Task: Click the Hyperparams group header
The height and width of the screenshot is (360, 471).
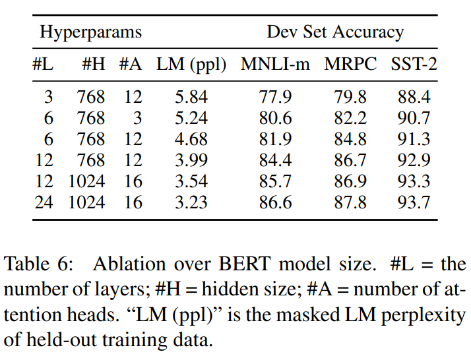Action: pos(90,32)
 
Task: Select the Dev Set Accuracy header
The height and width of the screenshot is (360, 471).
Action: pos(334,32)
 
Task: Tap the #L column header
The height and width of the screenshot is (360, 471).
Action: pos(44,65)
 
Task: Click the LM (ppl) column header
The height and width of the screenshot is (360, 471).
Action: pos(191,65)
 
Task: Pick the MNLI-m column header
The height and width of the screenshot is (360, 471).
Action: pos(276,65)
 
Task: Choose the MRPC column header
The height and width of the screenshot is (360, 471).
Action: pos(350,65)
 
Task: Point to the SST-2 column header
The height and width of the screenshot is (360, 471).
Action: pos(414,65)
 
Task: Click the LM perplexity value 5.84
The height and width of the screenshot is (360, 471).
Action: pos(191,98)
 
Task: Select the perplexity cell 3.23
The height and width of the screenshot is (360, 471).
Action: pos(191,202)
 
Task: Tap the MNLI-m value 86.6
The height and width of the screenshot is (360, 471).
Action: pos(276,202)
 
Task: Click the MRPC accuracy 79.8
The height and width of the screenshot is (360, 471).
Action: pos(350,98)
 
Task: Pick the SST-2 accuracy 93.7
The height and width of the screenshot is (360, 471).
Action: pos(414,202)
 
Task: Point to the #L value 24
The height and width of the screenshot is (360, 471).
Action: pos(44,202)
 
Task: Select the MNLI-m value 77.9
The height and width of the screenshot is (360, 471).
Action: pos(276,98)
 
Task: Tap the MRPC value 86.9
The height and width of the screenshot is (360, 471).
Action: pos(350,181)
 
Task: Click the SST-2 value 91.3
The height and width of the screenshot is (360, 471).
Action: pos(414,139)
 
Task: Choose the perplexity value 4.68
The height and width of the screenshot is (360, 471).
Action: pos(191,139)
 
